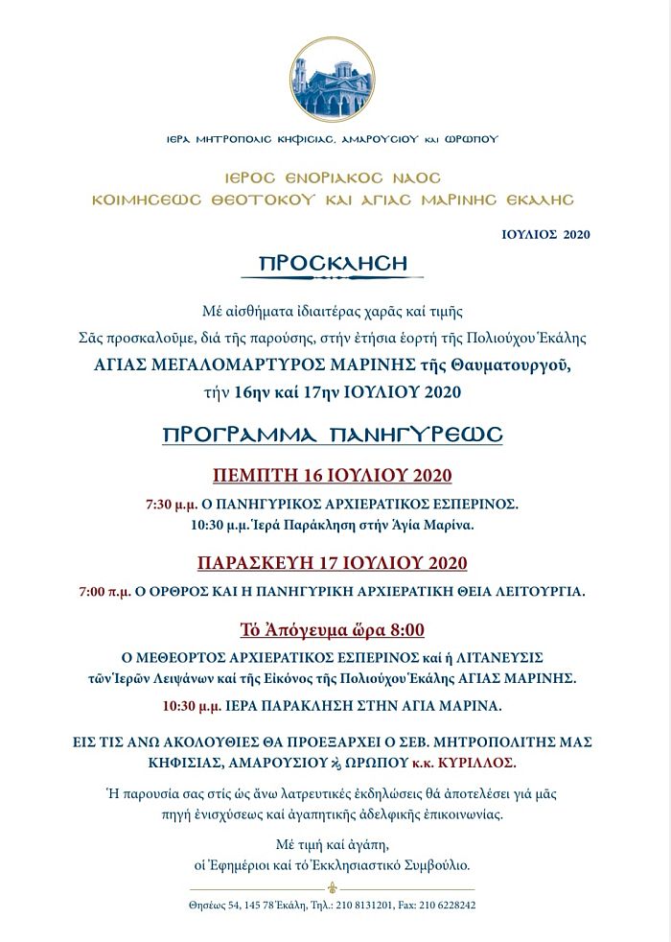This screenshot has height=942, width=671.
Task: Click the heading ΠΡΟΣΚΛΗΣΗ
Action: click(334, 263)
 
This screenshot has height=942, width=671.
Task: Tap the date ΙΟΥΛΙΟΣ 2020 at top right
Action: click(545, 233)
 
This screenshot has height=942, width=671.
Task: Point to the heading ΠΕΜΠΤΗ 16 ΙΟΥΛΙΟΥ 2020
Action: click(332, 476)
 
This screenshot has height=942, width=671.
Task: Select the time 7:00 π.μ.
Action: click(104, 591)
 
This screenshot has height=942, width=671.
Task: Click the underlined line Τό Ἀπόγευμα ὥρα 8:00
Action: click(332, 630)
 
